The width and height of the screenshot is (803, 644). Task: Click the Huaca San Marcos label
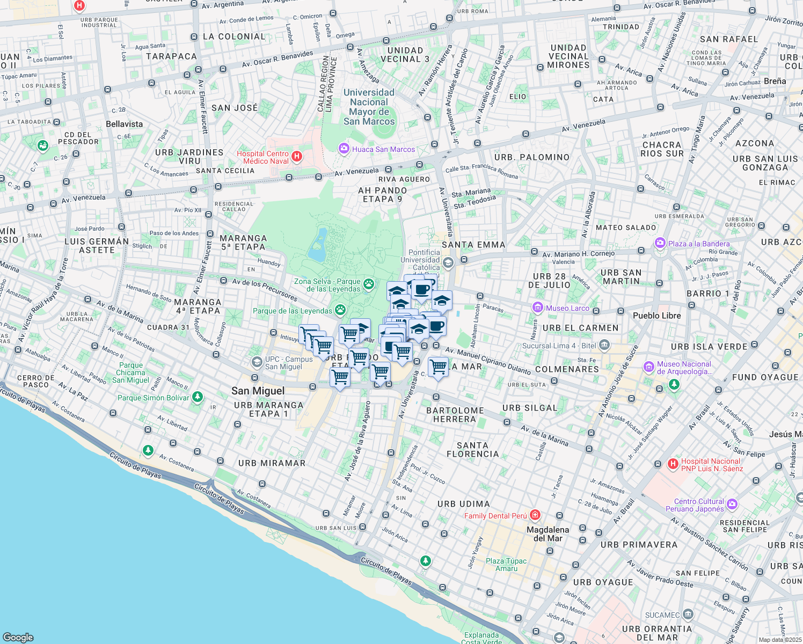[383, 149]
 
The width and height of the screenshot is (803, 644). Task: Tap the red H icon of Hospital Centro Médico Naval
[296, 157]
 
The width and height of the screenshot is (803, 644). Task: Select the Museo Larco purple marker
[537, 308]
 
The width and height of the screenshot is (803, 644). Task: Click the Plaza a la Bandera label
[699, 244]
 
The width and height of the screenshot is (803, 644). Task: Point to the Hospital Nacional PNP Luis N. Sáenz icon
[673, 464]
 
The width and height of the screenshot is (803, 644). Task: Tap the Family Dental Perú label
[495, 516]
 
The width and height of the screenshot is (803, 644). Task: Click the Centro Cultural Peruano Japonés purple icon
[733, 504]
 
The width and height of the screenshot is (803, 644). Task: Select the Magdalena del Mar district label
[547, 534]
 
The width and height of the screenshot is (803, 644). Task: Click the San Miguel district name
[258, 391]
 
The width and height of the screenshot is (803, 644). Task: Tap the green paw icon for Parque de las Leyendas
[340, 310]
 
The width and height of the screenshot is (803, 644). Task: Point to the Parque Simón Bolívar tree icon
[198, 397]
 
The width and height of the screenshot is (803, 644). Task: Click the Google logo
[18, 638]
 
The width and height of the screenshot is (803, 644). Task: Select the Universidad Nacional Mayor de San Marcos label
[369, 107]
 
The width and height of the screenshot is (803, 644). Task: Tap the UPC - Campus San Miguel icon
[257, 362]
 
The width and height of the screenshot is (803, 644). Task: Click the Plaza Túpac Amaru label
[506, 565]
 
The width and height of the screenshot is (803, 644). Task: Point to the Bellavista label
[125, 124]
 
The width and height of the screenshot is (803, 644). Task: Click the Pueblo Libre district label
[656, 316]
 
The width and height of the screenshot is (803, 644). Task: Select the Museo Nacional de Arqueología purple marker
[649, 367]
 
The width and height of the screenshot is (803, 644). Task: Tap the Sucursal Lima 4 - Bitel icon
[604, 345]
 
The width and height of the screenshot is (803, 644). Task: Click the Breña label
[775, 81]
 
